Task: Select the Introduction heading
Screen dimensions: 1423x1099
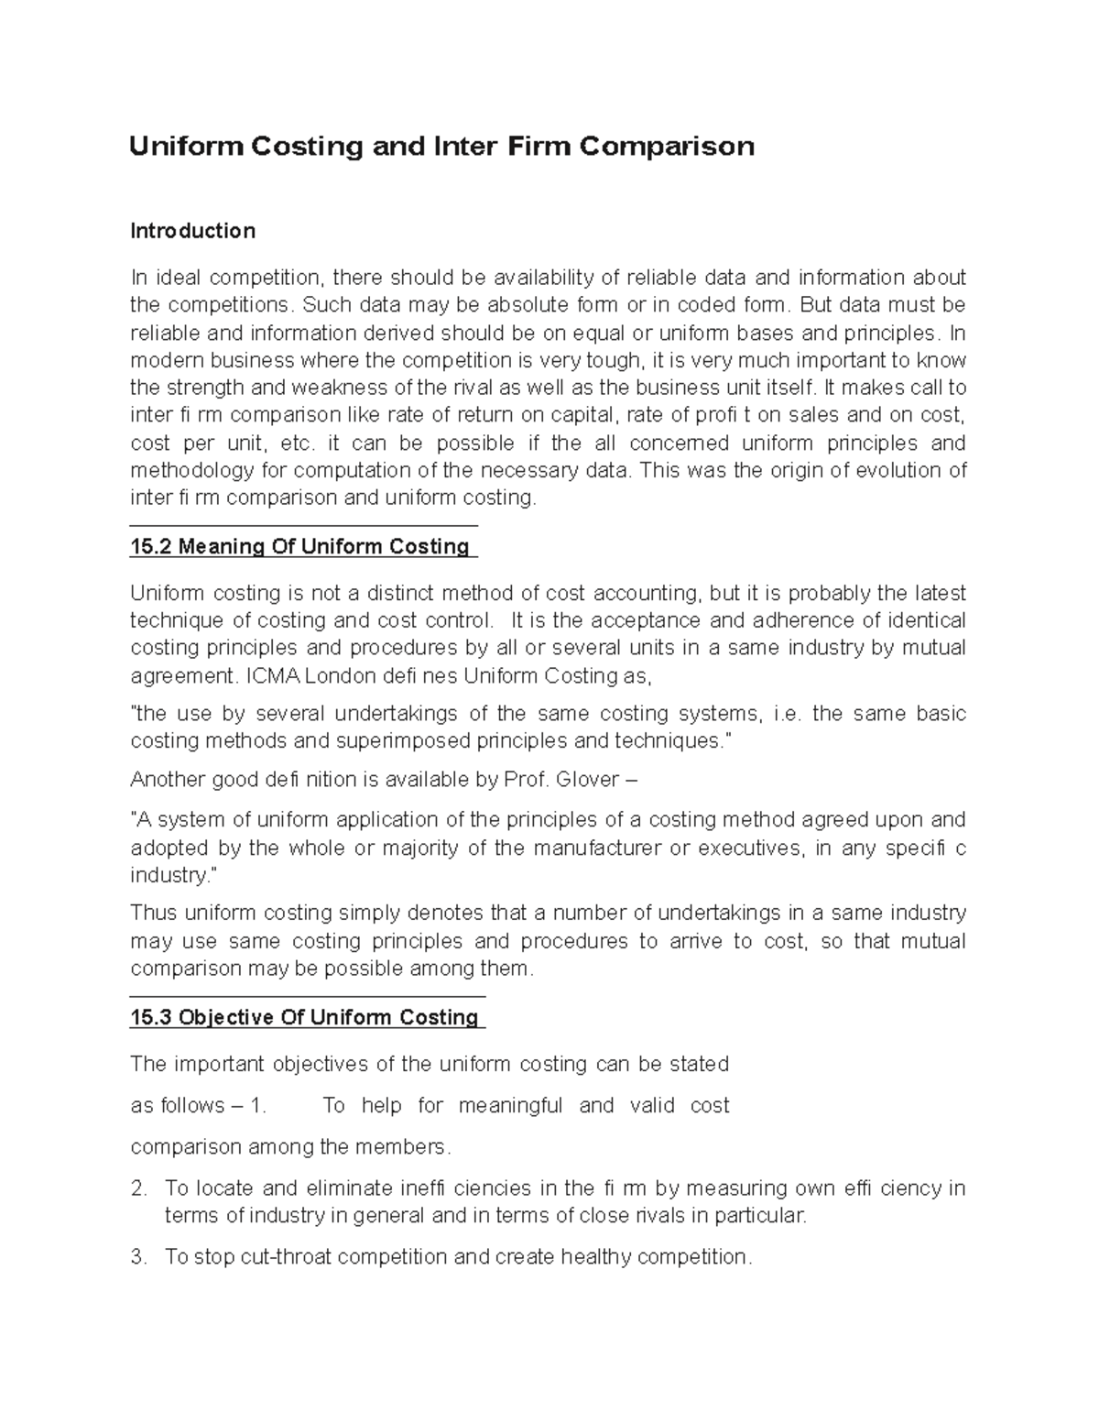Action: [192, 231]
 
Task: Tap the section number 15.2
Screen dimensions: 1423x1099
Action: [151, 547]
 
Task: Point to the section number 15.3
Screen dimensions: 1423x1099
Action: [151, 1017]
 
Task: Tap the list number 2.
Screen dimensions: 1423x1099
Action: [138, 1188]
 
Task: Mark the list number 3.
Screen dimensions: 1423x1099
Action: [138, 1257]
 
